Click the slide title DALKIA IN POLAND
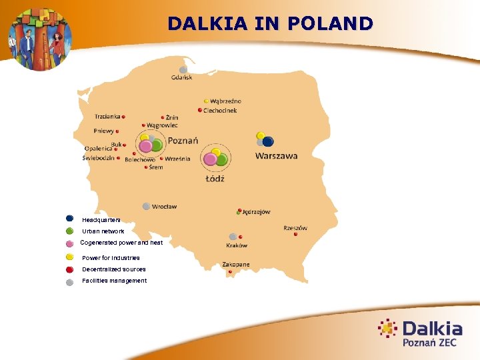click(x=270, y=24)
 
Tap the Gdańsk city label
click(x=181, y=77)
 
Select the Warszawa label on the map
click(x=276, y=156)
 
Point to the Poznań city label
click(x=183, y=140)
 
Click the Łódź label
click(x=215, y=179)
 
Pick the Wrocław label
click(x=164, y=207)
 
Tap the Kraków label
click(x=237, y=245)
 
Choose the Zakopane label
click(x=236, y=265)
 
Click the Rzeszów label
click(x=295, y=228)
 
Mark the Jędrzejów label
click(x=257, y=212)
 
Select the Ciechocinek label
click(x=220, y=110)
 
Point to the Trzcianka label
click(x=107, y=116)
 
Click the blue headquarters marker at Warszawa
click(x=268, y=141)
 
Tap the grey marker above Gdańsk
click(x=183, y=69)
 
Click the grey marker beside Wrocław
click(x=146, y=207)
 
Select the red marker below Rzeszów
click(x=295, y=234)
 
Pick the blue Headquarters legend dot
click(x=69, y=218)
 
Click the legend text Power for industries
click(x=111, y=257)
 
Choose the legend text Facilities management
click(x=114, y=281)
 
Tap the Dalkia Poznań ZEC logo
click(x=420, y=333)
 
